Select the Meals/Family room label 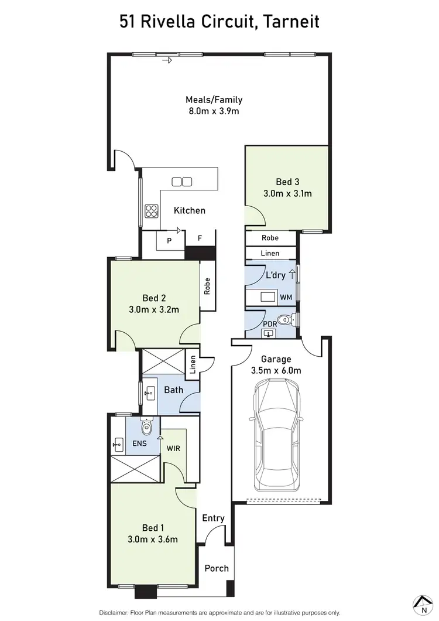click(214, 100)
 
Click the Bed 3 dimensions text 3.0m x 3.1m click(287, 193)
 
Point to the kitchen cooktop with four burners click(152, 210)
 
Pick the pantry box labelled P click(169, 240)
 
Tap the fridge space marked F click(200, 238)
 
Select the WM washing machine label click(286, 298)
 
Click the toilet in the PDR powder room click(285, 320)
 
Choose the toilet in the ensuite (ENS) click(146, 428)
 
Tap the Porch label click(217, 568)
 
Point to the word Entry click(213, 518)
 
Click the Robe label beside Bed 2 click(207, 285)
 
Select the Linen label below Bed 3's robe click(270, 253)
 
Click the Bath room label click(173, 390)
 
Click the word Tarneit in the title click(291, 22)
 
